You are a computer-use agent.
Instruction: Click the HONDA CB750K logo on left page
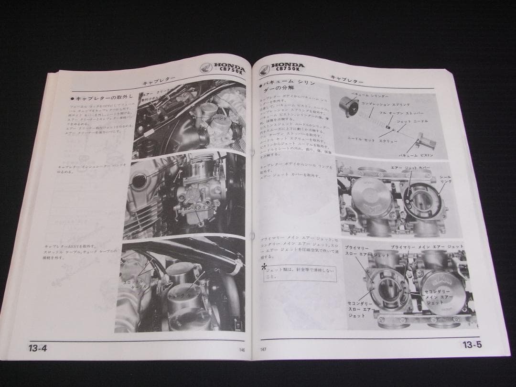(222, 70)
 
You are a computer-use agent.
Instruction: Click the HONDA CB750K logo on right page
(284, 67)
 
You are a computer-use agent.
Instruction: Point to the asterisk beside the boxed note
(264, 268)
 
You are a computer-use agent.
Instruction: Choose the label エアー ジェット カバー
(411, 169)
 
